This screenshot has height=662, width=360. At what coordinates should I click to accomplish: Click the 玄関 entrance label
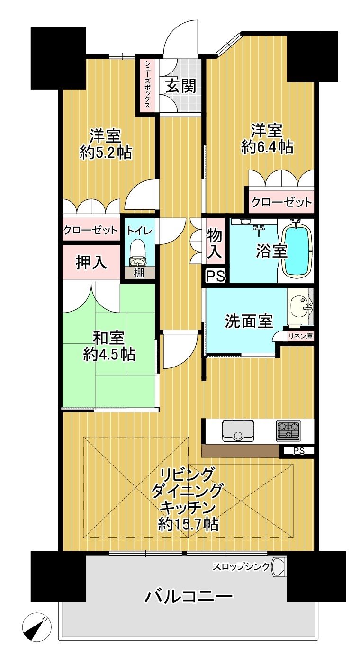[181, 86]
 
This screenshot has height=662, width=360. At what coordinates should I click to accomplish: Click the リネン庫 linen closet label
[301, 336]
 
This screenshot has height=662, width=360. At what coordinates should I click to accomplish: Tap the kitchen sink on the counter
[238, 430]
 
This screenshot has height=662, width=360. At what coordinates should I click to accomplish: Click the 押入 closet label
[91, 262]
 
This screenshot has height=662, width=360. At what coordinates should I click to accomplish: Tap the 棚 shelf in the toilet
[139, 273]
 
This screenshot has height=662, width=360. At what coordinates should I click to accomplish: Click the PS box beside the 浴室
[216, 277]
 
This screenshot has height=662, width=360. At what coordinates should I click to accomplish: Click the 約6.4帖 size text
[267, 147]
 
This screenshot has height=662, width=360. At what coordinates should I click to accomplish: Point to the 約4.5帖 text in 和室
[109, 354]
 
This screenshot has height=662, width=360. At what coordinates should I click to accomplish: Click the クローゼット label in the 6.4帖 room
[281, 203]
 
